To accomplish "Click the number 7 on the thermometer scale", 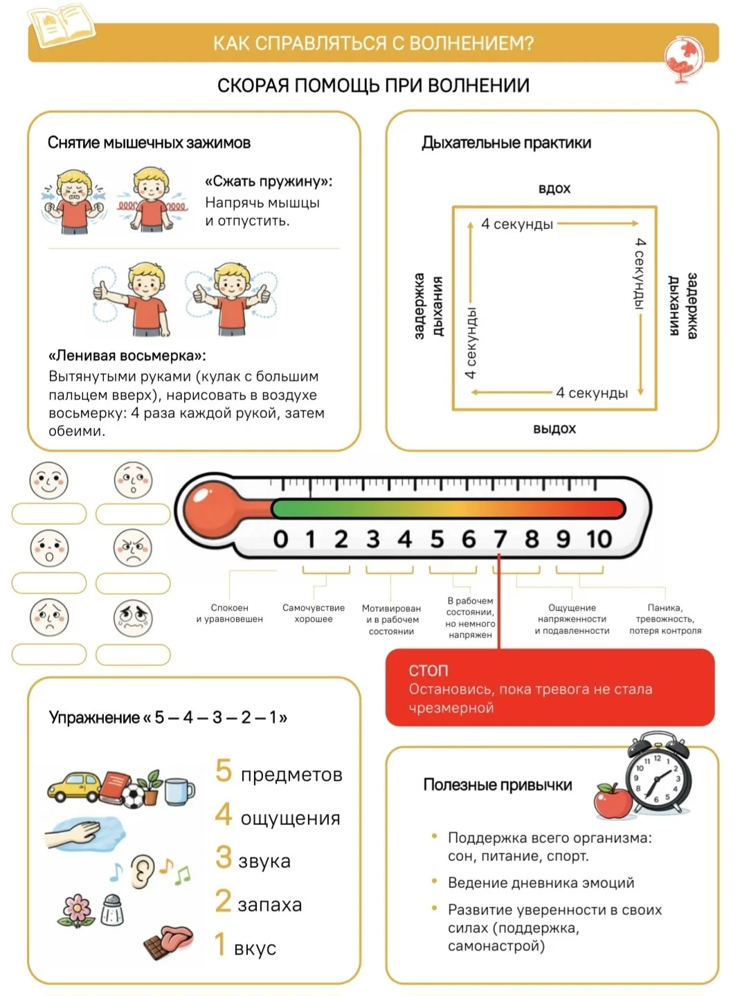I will coord(500,538).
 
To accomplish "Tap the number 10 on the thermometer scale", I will coord(599,538).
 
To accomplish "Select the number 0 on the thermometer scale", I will coord(280,538).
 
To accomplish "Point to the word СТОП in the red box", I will coord(429,670).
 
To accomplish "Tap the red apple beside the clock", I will coord(612,802).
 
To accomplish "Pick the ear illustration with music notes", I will coord(142,871).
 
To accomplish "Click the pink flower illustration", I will coord(77,909).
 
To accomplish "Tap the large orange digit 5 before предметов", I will coord(223,771).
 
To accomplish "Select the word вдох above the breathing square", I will coord(554,188).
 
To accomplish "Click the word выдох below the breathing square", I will coord(554,428).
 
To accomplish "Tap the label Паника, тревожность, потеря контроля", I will coord(665,619).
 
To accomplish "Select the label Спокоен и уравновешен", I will coord(229,613).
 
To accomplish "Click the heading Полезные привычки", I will coord(497,785).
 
